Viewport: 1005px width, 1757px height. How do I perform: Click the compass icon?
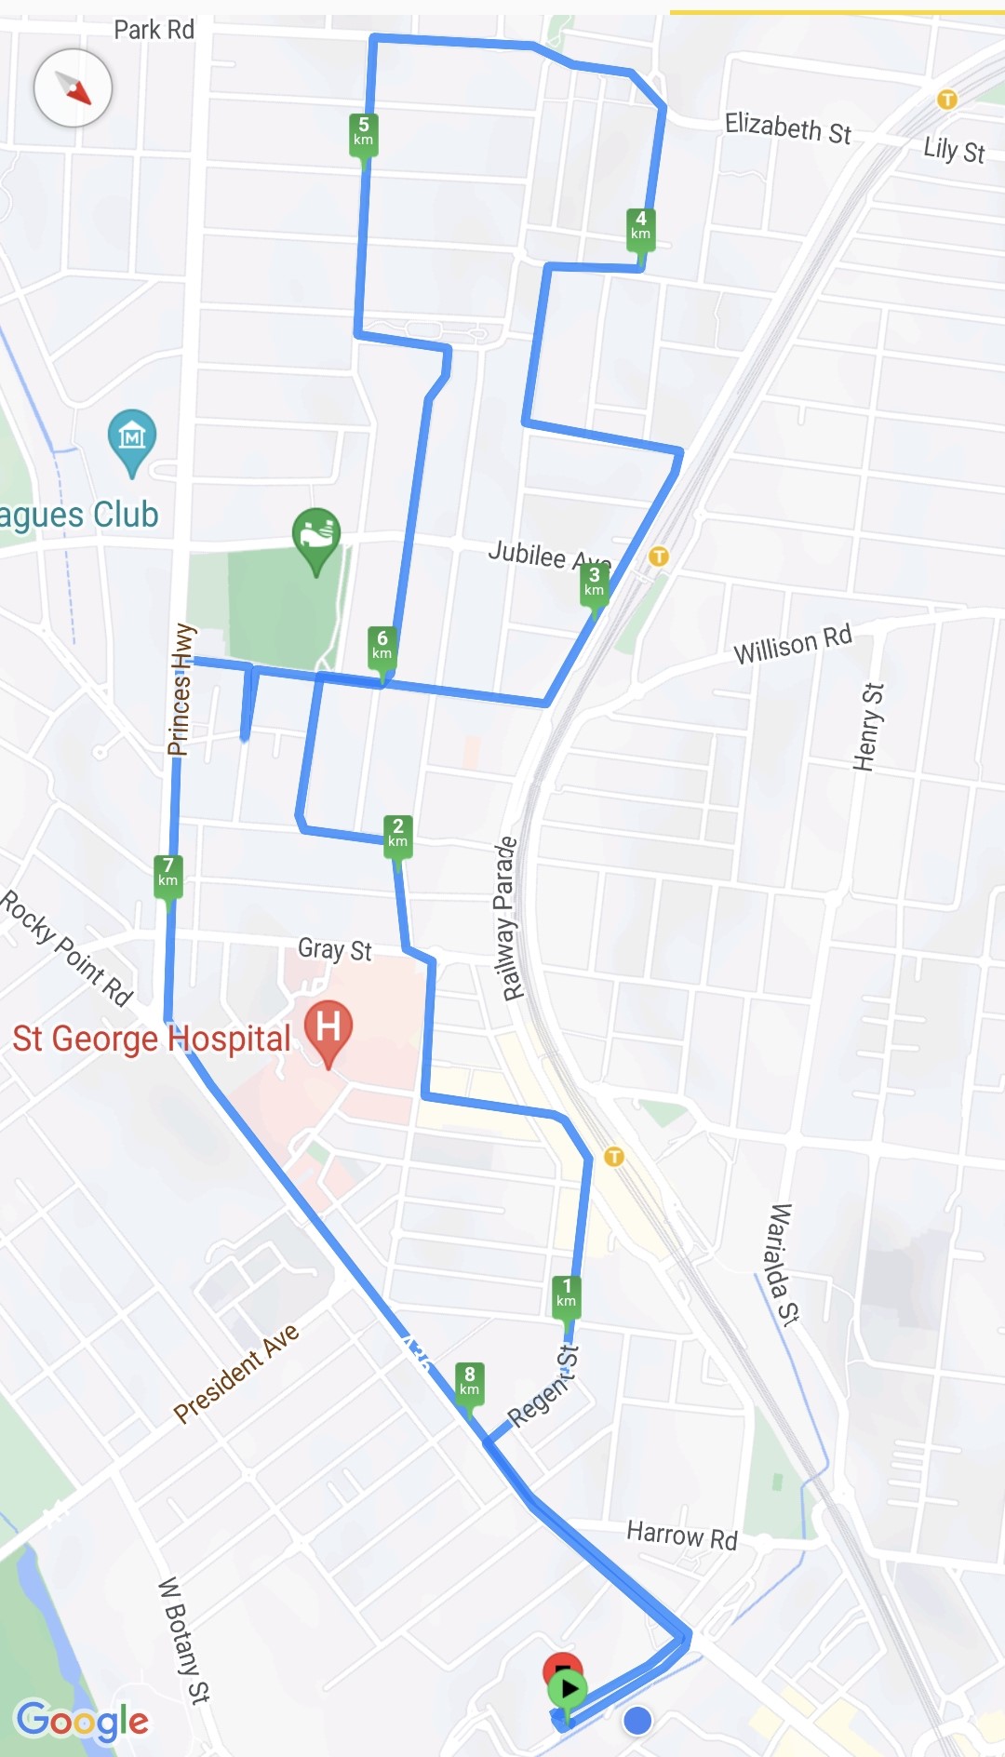click(73, 88)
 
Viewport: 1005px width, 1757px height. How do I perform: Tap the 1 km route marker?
click(566, 1294)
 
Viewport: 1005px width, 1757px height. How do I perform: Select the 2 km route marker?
click(397, 833)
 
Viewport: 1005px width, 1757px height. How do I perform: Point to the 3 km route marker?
click(594, 582)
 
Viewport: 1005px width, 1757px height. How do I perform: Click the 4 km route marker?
click(640, 226)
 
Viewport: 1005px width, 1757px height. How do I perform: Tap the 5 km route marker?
click(363, 131)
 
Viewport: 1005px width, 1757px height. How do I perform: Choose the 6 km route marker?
click(382, 645)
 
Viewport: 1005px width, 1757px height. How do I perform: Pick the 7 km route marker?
click(167, 873)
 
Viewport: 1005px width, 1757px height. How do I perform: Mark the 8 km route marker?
click(469, 1381)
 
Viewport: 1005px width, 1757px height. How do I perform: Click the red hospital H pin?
click(328, 1028)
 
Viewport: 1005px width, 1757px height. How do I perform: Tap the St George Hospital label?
click(152, 1039)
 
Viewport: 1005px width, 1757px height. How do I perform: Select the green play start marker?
click(567, 1688)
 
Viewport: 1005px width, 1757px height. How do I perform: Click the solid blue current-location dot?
click(637, 1721)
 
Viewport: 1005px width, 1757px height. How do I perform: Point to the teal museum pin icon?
click(132, 436)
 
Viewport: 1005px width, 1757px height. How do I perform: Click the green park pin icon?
click(316, 536)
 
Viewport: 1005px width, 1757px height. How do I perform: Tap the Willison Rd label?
click(792, 644)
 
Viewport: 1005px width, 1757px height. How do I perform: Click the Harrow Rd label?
click(681, 1535)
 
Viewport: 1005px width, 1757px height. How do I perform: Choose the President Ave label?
click(236, 1373)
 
